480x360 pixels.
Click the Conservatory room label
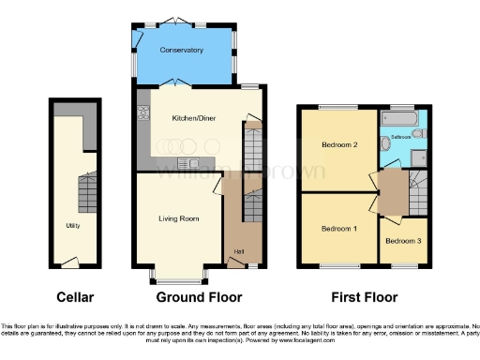pyautogui.click(x=181, y=50)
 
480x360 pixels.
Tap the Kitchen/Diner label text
pyautogui.click(x=193, y=119)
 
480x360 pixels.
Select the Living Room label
pyautogui.click(x=178, y=218)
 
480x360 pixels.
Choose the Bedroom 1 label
pyautogui.click(x=338, y=229)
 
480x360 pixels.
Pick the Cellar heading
pyautogui.click(x=74, y=297)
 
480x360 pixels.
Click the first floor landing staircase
pyautogui.click(x=418, y=191)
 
